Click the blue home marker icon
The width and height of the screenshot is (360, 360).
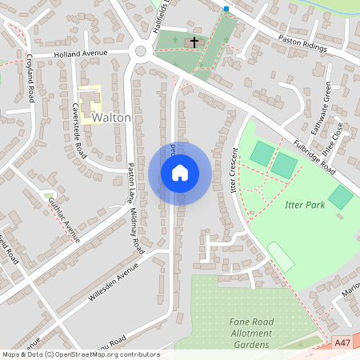point(179,173)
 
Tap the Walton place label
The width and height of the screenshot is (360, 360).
point(111,118)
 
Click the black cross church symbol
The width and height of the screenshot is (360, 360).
point(194,41)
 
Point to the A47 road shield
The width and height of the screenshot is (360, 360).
point(342,342)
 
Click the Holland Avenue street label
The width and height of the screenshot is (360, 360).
point(80,54)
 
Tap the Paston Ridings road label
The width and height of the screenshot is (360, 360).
point(303,43)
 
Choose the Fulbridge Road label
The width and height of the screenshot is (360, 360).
point(314,152)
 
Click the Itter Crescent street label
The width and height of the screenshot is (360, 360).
point(234,170)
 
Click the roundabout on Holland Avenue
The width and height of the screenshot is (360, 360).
point(142,52)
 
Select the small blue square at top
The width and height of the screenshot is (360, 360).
point(226,9)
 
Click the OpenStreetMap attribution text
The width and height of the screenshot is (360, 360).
point(80,354)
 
